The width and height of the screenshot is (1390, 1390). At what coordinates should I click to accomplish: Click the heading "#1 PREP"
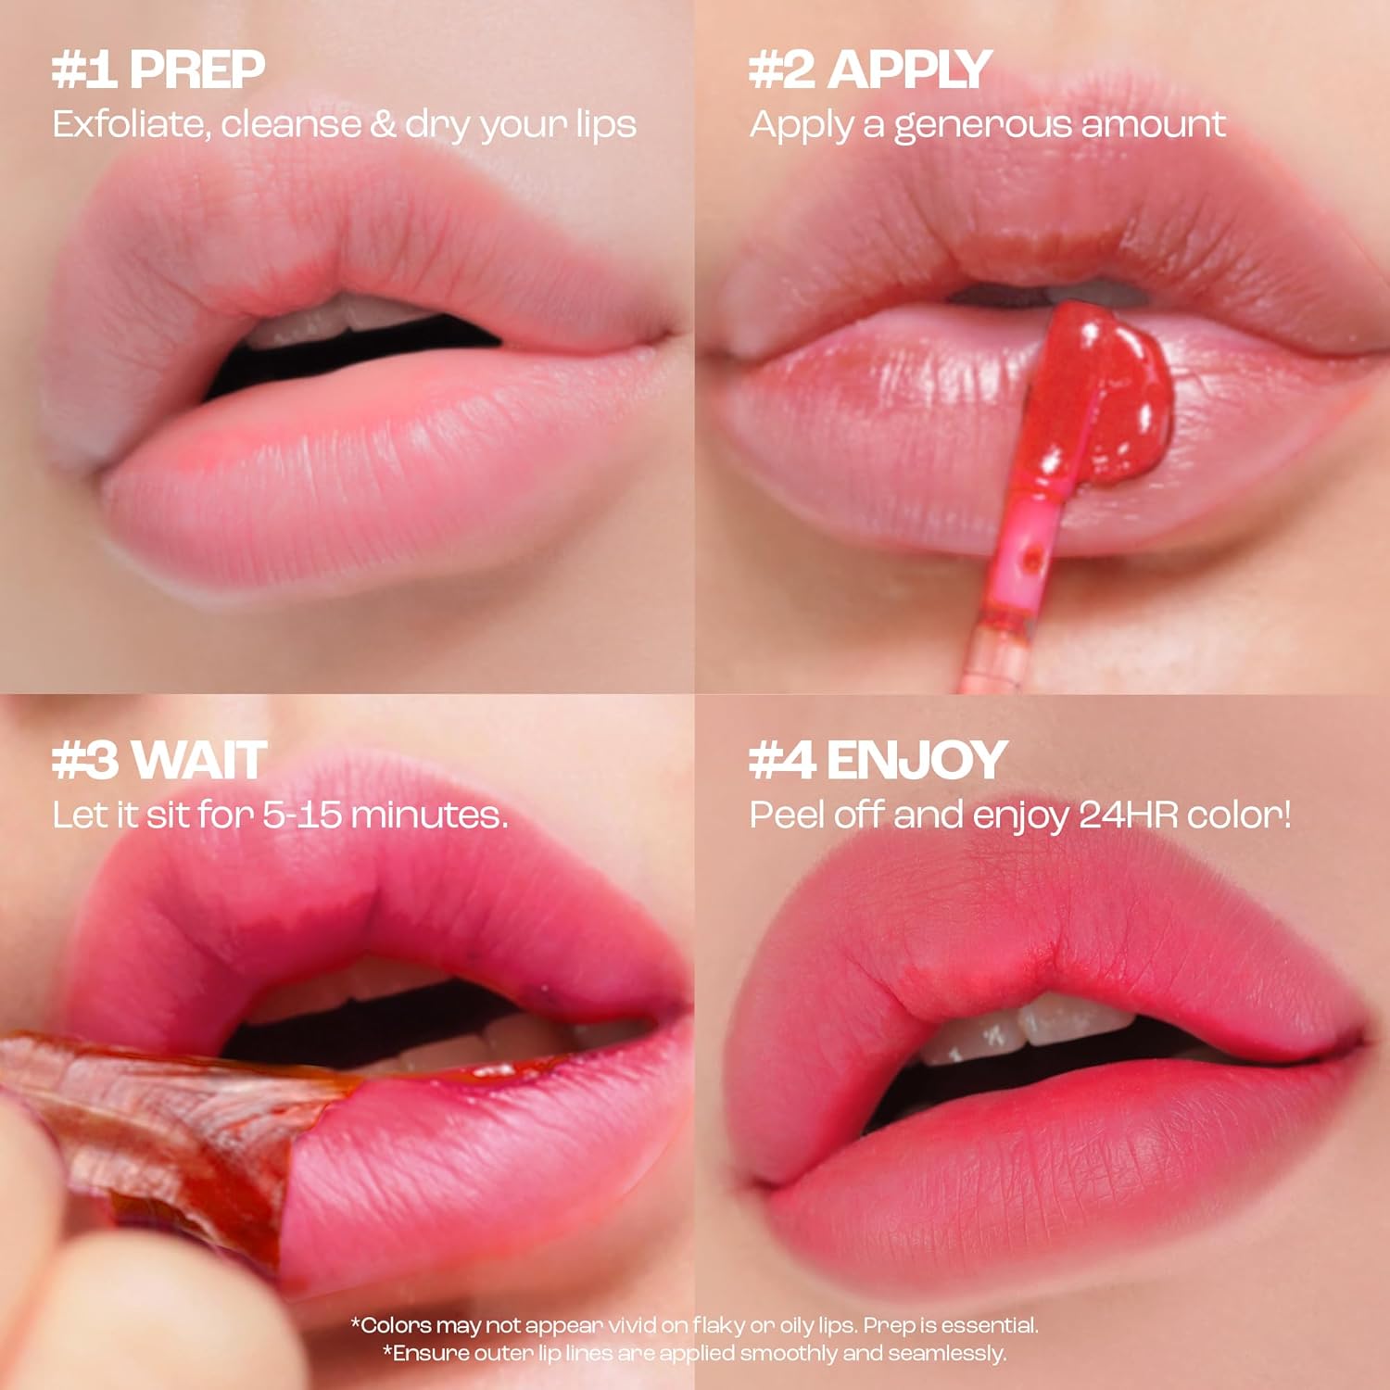tap(158, 69)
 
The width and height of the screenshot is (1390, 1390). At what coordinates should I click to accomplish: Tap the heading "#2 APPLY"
tap(870, 69)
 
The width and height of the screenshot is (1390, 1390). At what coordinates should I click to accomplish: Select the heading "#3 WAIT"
tap(159, 760)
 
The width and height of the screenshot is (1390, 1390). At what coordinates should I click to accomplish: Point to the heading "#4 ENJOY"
tap(878, 760)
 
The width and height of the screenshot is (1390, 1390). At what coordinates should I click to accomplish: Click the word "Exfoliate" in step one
tap(129, 124)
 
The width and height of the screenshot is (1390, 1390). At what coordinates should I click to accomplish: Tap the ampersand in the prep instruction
tap(382, 124)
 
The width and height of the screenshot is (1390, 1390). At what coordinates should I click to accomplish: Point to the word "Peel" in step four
tap(788, 815)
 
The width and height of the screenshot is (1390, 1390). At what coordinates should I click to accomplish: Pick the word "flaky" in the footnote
tap(719, 1326)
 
